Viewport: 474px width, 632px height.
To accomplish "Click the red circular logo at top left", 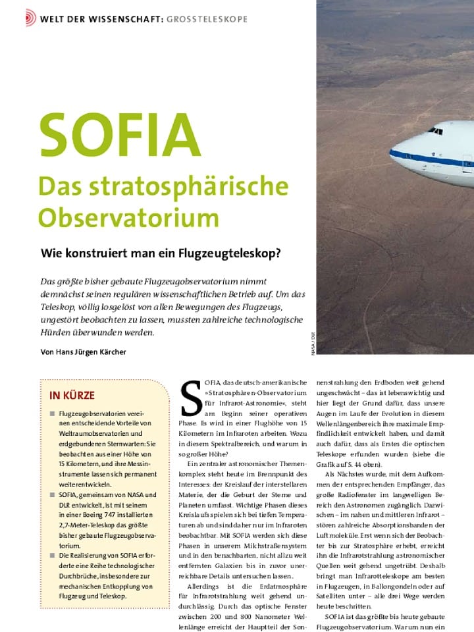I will [31, 18].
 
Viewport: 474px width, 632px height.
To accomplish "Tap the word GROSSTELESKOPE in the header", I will [207, 19].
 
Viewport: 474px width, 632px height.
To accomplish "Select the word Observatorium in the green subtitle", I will [128, 217].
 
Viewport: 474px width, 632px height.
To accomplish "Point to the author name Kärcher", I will [109, 352].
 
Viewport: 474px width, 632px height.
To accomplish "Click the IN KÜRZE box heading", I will [72, 396].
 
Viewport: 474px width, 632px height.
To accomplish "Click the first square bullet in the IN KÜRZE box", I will [51, 413].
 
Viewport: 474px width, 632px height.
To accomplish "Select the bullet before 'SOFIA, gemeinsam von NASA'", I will [51, 495].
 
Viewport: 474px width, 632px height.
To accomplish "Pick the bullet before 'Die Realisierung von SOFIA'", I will [51, 556].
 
